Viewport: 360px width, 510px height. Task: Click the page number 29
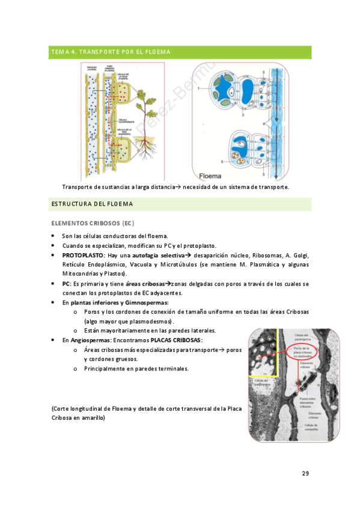tap(305, 474)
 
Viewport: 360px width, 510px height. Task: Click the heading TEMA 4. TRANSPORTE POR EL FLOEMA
tap(111, 52)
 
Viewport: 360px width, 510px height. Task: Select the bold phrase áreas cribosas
tap(148, 283)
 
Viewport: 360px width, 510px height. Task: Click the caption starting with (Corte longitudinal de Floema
tap(147, 413)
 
